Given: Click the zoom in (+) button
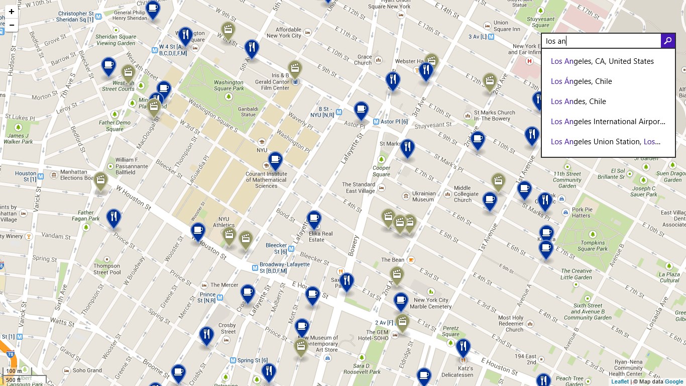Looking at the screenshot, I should pyautogui.click(x=11, y=12).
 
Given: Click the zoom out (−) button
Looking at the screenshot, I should pyautogui.click(x=11, y=25).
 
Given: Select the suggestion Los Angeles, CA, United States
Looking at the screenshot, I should pyautogui.click(x=602, y=61).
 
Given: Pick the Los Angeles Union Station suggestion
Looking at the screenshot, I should pyautogui.click(x=605, y=142).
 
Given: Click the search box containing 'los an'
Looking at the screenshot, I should pyautogui.click(x=601, y=41).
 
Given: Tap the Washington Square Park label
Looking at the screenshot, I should pyautogui.click(x=228, y=85).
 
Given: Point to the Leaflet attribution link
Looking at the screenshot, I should pyautogui.click(x=620, y=382).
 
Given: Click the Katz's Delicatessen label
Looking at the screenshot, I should pyautogui.click(x=457, y=371).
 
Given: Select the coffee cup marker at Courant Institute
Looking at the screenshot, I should pyautogui.click(x=275, y=160).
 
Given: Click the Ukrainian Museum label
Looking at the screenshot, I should pyautogui.click(x=423, y=197).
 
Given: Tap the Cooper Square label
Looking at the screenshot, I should pyautogui.click(x=382, y=171).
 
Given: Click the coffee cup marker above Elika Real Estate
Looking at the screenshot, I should pyautogui.click(x=314, y=219).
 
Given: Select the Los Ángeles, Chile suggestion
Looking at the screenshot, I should pyautogui.click(x=581, y=81).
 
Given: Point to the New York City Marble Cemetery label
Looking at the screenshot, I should pyautogui.click(x=430, y=303).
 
